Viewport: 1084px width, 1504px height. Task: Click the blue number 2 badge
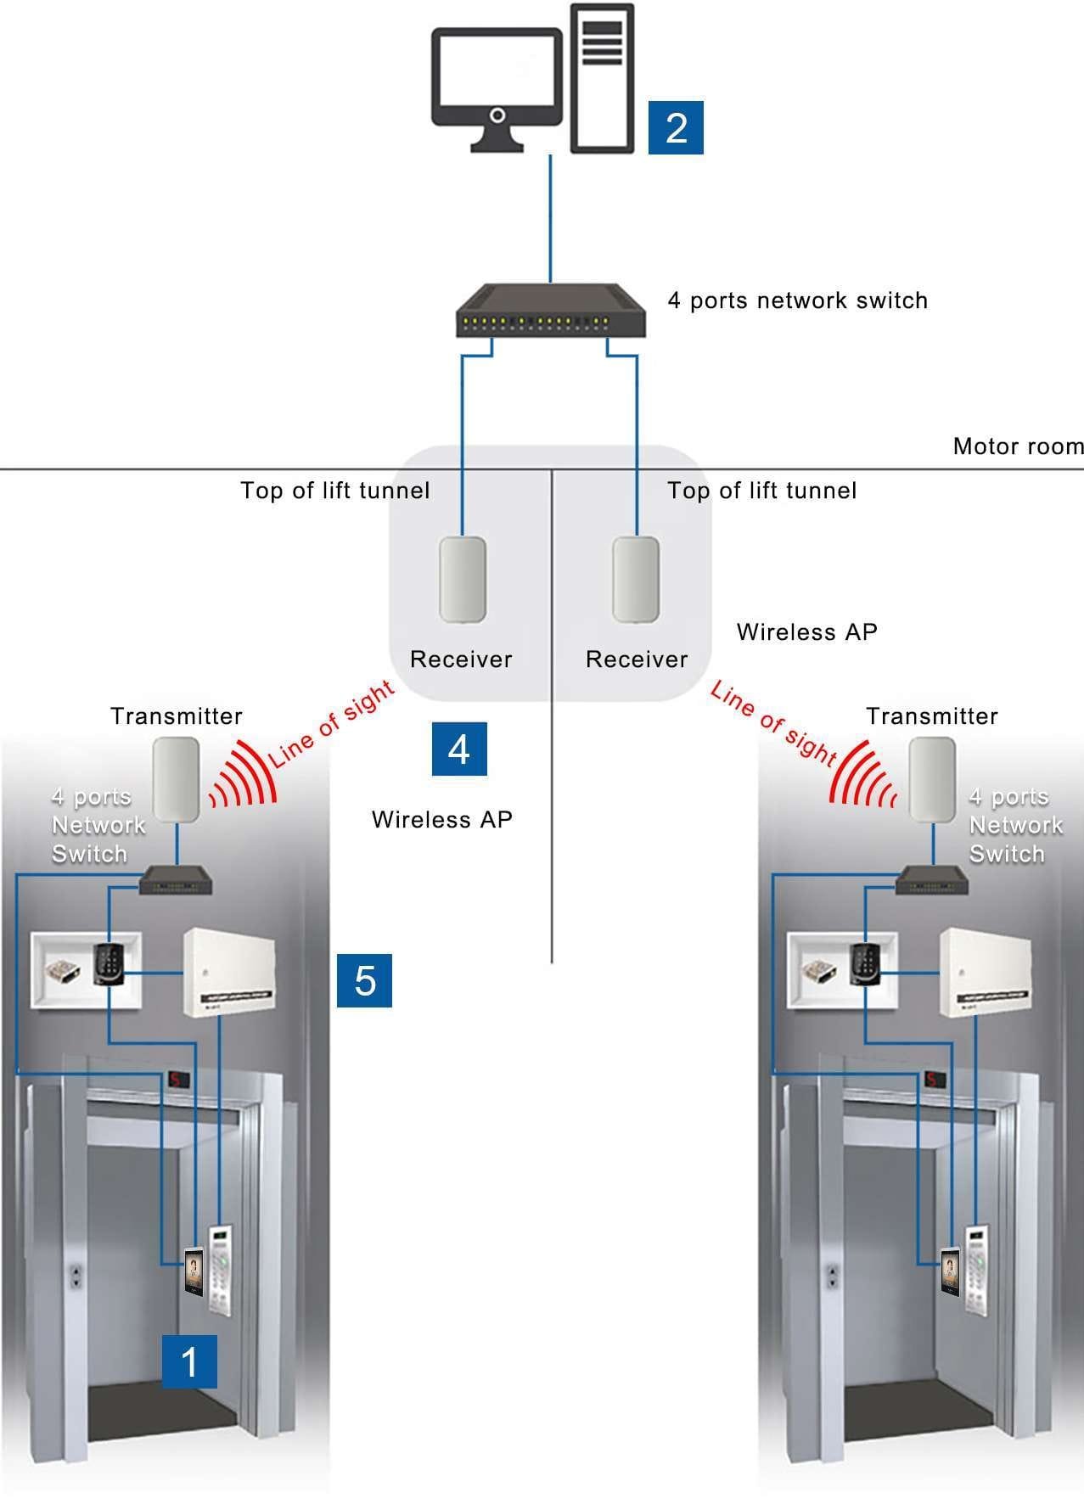click(x=676, y=127)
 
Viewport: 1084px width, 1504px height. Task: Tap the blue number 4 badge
click(x=459, y=749)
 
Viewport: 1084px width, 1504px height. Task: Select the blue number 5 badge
click(x=364, y=980)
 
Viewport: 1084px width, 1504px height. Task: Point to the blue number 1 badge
click(x=189, y=1361)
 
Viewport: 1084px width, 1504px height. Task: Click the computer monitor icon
click(x=497, y=88)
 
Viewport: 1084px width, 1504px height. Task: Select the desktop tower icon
click(x=602, y=78)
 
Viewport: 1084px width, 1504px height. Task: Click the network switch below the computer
click(x=551, y=311)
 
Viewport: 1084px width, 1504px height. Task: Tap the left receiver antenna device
click(x=463, y=579)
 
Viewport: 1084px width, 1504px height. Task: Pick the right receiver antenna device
click(x=636, y=579)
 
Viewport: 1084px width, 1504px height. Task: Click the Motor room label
click(x=1018, y=446)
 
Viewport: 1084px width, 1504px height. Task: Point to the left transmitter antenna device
click(x=177, y=779)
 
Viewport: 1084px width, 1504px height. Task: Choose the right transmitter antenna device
click(x=932, y=779)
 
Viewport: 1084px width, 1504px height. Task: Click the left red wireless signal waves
click(x=244, y=776)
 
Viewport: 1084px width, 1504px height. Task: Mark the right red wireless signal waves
click(x=862, y=776)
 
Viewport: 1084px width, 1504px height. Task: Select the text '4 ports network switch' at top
click(x=797, y=300)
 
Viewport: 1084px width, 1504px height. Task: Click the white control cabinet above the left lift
click(x=229, y=972)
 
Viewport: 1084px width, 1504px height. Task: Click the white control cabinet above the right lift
click(x=985, y=972)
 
